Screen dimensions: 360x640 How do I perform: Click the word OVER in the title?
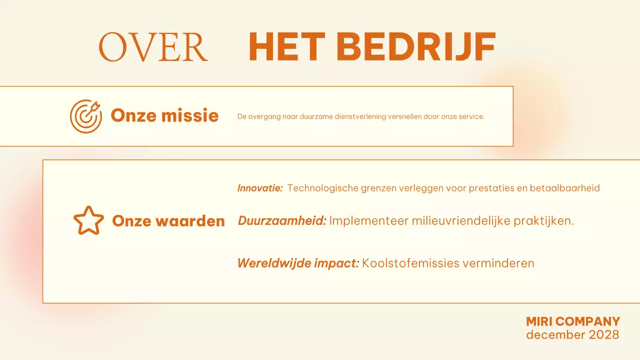click(153, 47)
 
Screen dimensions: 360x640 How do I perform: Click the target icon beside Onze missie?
click(85, 116)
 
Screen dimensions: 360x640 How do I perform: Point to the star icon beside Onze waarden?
click(88, 220)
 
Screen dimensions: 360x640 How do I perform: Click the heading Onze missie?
click(164, 116)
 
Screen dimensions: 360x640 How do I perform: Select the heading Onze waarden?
click(168, 220)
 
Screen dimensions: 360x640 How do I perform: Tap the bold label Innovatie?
click(260, 188)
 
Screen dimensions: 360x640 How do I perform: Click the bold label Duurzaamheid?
click(282, 220)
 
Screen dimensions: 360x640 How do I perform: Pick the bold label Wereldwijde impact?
click(298, 263)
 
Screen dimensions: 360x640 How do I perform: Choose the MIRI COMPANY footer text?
click(573, 321)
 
